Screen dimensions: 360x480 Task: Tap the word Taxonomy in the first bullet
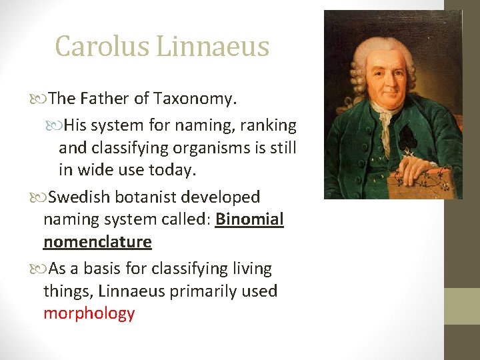[x=195, y=99]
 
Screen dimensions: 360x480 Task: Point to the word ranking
[x=267, y=125]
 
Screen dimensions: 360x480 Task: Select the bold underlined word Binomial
[x=249, y=219]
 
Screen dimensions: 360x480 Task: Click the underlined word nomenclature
[x=97, y=242]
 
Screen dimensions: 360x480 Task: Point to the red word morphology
[x=89, y=313]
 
